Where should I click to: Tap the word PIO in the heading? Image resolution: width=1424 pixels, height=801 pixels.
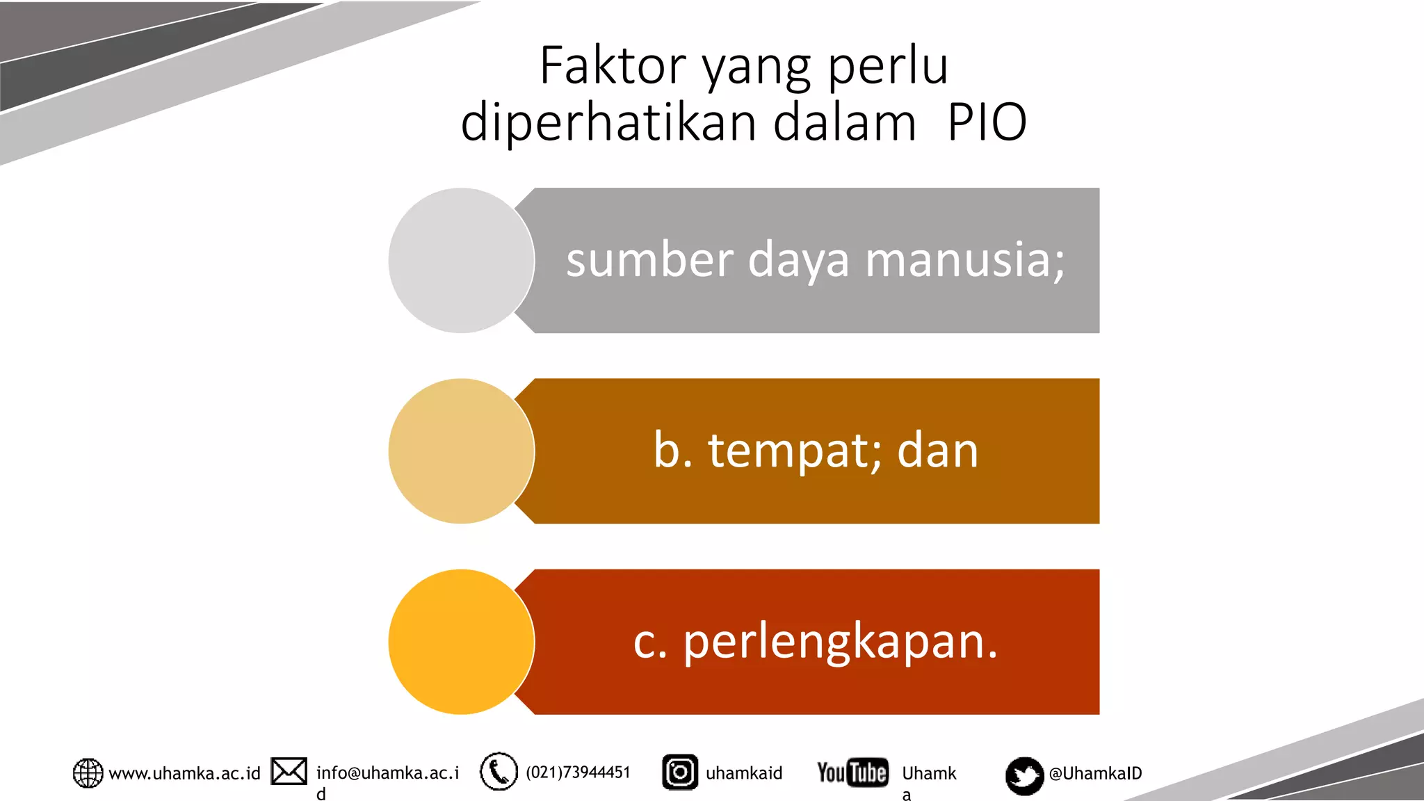coord(987,122)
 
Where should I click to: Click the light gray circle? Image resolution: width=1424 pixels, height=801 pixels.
coord(461,260)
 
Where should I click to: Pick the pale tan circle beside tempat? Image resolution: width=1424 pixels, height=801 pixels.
coord(461,451)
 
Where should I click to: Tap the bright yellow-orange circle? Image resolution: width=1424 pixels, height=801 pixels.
coord(461,641)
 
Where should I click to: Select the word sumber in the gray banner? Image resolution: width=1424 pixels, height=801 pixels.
coord(649,260)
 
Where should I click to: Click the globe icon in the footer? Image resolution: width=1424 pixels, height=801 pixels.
coord(88,773)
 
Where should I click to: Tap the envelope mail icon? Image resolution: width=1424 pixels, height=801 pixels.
coord(289,771)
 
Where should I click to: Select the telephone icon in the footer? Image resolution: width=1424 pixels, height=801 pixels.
coord(499,772)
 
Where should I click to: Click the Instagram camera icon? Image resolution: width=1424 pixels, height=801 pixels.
coord(679,772)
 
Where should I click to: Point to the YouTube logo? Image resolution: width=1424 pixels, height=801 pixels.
coord(852,772)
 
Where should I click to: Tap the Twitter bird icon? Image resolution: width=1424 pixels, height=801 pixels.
coord(1024,775)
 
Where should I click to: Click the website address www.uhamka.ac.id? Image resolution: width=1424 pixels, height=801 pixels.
coord(184,773)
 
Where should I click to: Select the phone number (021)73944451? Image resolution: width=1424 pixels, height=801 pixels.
coord(578,772)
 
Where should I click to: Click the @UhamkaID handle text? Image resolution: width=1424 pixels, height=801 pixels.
coord(1095,773)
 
